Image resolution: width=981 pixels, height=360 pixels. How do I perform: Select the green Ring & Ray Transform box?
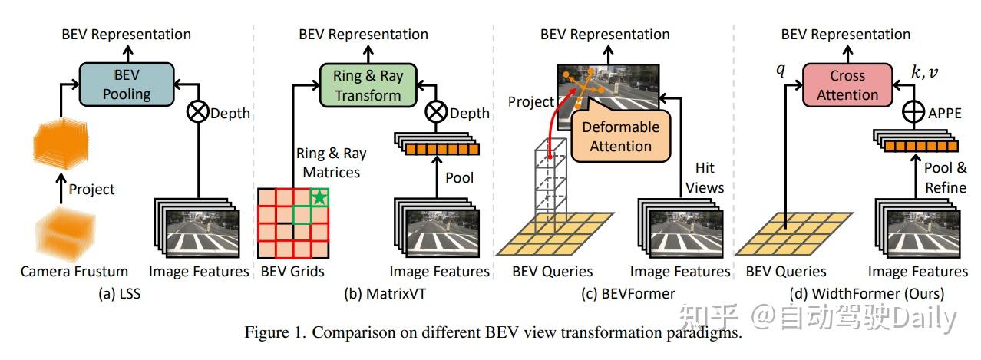click(x=368, y=85)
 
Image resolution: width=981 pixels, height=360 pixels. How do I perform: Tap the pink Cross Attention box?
click(x=847, y=85)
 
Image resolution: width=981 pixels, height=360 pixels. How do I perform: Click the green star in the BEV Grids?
click(x=319, y=198)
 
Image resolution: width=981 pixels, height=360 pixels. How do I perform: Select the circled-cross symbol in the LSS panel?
click(x=199, y=114)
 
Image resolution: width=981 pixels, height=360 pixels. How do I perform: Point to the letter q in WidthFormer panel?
click(x=781, y=71)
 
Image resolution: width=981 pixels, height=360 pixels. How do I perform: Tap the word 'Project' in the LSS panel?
click(x=91, y=189)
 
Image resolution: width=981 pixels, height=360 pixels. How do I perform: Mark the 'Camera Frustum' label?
click(x=74, y=271)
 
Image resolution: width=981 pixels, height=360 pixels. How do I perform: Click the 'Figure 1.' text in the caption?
click(x=274, y=332)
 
